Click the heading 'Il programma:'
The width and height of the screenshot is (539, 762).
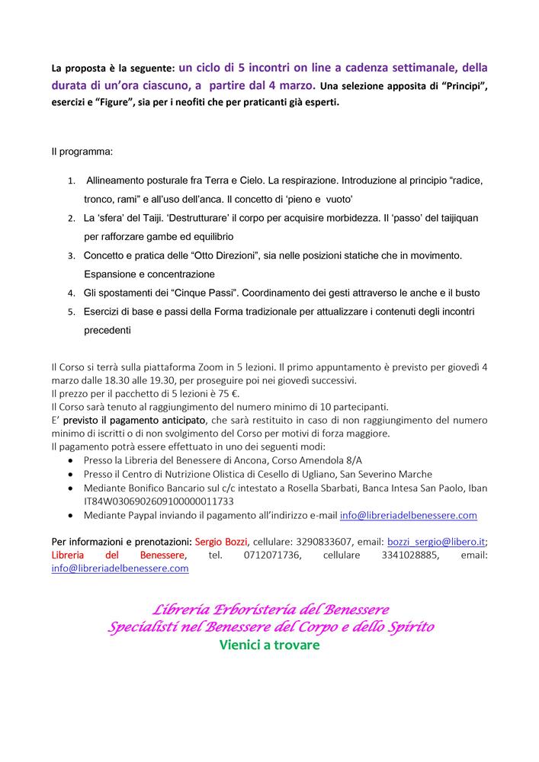coord(82,152)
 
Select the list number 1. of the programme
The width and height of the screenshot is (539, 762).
coord(71,183)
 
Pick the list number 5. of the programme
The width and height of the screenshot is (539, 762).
coord(71,312)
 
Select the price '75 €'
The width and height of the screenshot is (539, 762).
coord(227,393)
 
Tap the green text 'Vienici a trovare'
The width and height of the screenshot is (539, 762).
coord(269,645)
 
